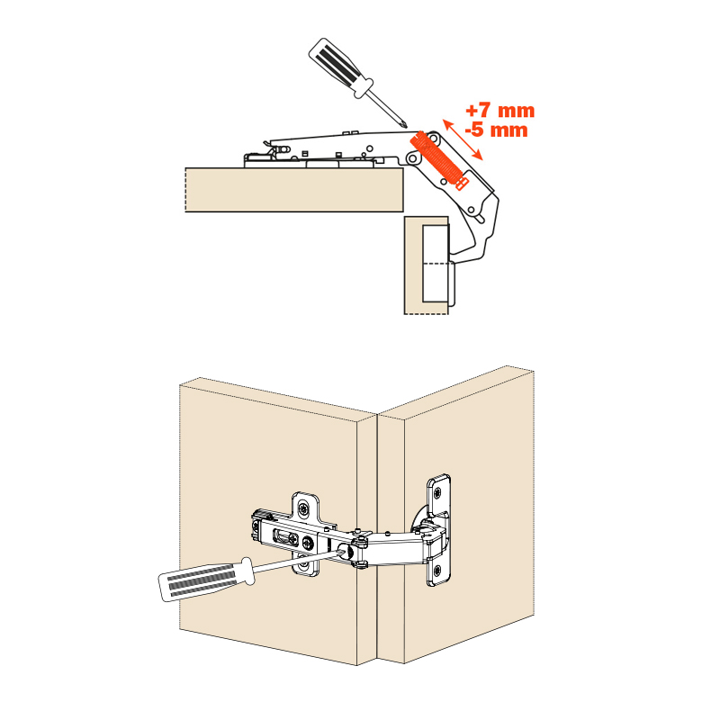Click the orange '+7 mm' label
coord(500,111)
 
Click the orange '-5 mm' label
coord(497,130)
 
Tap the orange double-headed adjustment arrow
coord(463,139)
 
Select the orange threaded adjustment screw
coord(437,160)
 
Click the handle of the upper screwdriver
coord(340,67)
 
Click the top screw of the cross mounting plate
coord(303,508)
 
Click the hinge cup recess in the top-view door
coord(435,263)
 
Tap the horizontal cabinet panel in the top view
coord(294,190)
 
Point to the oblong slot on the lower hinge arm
coord(285,536)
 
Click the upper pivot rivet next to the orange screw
coord(432,138)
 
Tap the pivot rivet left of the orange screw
coord(413,159)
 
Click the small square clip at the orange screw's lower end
coord(462,184)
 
